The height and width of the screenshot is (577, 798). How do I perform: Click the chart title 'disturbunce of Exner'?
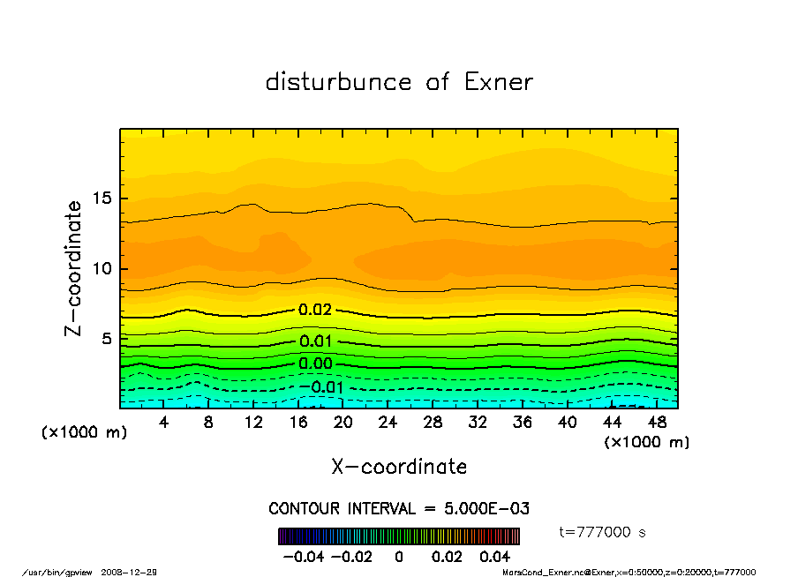pos(399,82)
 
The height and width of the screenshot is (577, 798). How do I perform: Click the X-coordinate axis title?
pos(399,467)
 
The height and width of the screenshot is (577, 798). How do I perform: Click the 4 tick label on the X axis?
pos(164,423)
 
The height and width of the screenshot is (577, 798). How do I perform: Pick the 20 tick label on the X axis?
pos(343,423)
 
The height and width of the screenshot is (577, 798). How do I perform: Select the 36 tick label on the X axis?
pos(523,423)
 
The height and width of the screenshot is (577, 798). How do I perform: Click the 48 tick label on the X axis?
pos(657,423)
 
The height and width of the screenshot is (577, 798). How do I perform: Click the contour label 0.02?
pos(315,310)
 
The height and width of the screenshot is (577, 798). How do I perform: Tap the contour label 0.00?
pos(315,363)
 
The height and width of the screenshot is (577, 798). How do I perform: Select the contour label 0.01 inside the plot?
pos(315,341)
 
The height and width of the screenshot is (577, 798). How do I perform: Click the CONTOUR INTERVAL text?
pos(399,508)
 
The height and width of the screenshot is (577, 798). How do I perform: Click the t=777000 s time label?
pos(604,533)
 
